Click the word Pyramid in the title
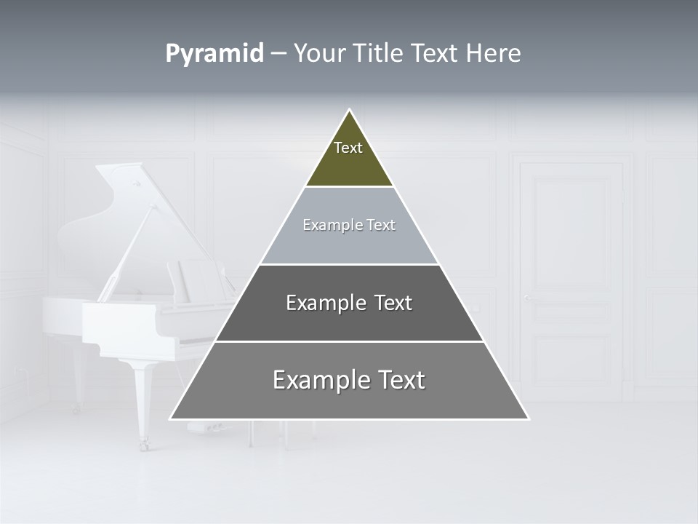(214, 55)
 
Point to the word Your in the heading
(318, 54)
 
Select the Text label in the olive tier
(348, 148)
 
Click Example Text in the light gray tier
(349, 225)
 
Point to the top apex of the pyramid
(349, 111)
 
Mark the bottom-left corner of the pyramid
(172, 418)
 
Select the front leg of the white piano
(143, 400)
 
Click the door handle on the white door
(526, 297)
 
